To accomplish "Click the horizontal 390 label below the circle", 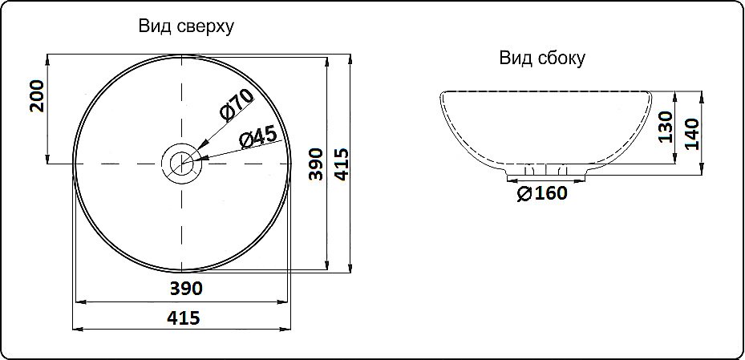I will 184,288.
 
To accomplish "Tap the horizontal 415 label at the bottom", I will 184,318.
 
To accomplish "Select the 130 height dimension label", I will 665,127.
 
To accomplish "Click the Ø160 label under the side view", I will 542,193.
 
